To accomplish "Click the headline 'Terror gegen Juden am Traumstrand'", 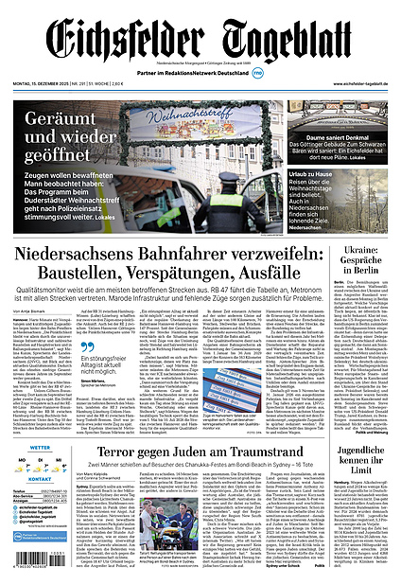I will [x=200, y=454].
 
